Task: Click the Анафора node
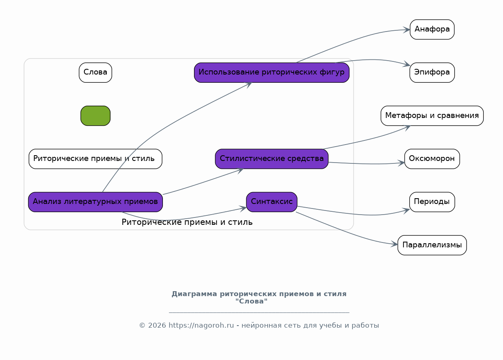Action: click(432, 29)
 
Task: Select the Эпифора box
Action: click(432, 72)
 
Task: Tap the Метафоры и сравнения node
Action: click(432, 116)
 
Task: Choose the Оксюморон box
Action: click(432, 159)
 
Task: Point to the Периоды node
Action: click(432, 202)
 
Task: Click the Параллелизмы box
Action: click(432, 245)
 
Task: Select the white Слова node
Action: click(95, 72)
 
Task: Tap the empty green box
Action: click(95, 116)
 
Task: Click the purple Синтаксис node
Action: click(272, 202)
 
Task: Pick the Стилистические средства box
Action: click(272, 159)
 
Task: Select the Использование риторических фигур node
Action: click(272, 72)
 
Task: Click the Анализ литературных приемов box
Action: click(95, 202)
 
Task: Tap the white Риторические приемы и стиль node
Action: click(95, 159)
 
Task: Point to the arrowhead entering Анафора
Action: click(407, 29)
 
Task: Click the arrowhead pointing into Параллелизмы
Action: click(395, 244)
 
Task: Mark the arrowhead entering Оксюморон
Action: click(401, 163)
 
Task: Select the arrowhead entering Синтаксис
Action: click(244, 208)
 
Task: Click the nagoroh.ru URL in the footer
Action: click(201, 326)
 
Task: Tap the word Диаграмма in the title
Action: click(194, 294)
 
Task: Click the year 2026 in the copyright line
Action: click(157, 326)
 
